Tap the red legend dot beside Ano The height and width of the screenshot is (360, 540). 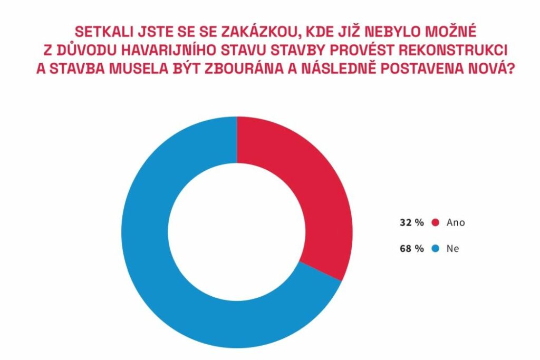pyautogui.click(x=436, y=222)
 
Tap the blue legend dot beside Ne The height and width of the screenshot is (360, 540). pyautogui.click(x=436, y=249)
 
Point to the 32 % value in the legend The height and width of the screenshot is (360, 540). pyautogui.click(x=412, y=222)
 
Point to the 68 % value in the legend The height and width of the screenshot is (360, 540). pyautogui.click(x=412, y=249)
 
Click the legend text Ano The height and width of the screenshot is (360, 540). pyautogui.click(x=456, y=222)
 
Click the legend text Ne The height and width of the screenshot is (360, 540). pyautogui.click(x=452, y=249)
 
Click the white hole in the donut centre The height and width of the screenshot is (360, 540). pyautogui.click(x=237, y=232)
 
